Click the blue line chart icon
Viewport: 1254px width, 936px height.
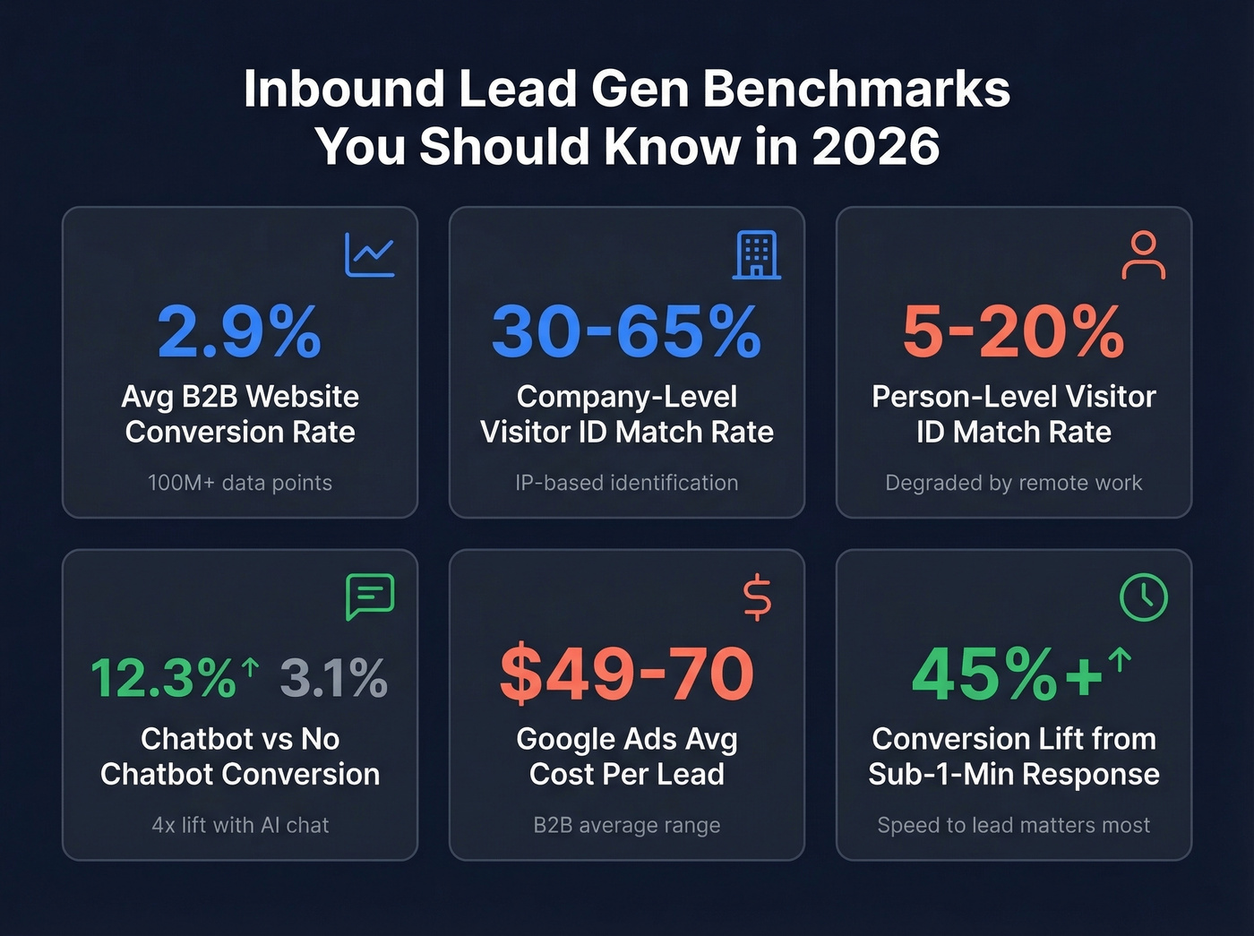[369, 255]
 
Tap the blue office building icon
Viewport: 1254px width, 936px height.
[756, 255]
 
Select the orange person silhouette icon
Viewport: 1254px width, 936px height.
[1143, 255]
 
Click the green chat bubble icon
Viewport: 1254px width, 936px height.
[369, 597]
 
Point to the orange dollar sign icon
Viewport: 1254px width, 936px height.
[757, 597]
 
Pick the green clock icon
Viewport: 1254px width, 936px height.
[1143, 597]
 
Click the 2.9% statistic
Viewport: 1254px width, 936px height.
[239, 332]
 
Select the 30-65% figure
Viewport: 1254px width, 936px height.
[626, 332]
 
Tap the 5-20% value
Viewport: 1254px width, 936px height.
[1013, 332]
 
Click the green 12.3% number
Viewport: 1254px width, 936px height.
[163, 678]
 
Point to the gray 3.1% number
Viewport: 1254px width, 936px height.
[333, 678]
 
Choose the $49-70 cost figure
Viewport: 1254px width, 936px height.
[626, 674]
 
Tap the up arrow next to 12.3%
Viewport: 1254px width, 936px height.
[250, 666]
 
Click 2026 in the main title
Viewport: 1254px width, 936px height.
[875, 147]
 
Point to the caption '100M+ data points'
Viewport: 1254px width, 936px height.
[239, 483]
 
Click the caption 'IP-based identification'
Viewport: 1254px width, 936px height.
[626, 483]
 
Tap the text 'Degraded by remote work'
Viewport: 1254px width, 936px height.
[1013, 483]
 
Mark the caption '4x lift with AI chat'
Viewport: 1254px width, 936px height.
[240, 825]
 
